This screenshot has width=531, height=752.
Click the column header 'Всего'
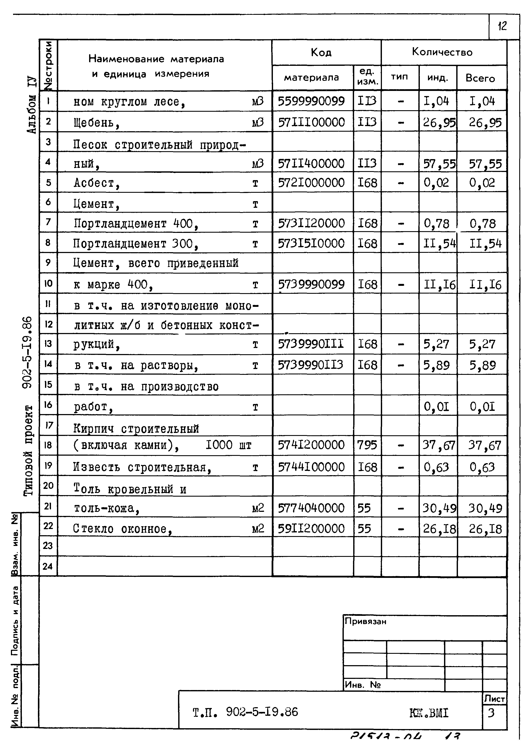point(480,78)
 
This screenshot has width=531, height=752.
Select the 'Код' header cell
point(321,52)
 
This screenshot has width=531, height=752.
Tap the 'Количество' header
point(442,52)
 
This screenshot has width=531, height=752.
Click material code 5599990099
point(311,101)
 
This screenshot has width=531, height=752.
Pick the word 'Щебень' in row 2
point(93,123)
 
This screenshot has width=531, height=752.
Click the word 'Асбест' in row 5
point(94,183)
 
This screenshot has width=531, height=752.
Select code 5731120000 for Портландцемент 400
point(311,223)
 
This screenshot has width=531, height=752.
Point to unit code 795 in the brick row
point(367,445)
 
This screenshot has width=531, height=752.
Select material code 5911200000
point(311,529)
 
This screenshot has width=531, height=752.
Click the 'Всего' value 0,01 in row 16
point(482,407)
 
